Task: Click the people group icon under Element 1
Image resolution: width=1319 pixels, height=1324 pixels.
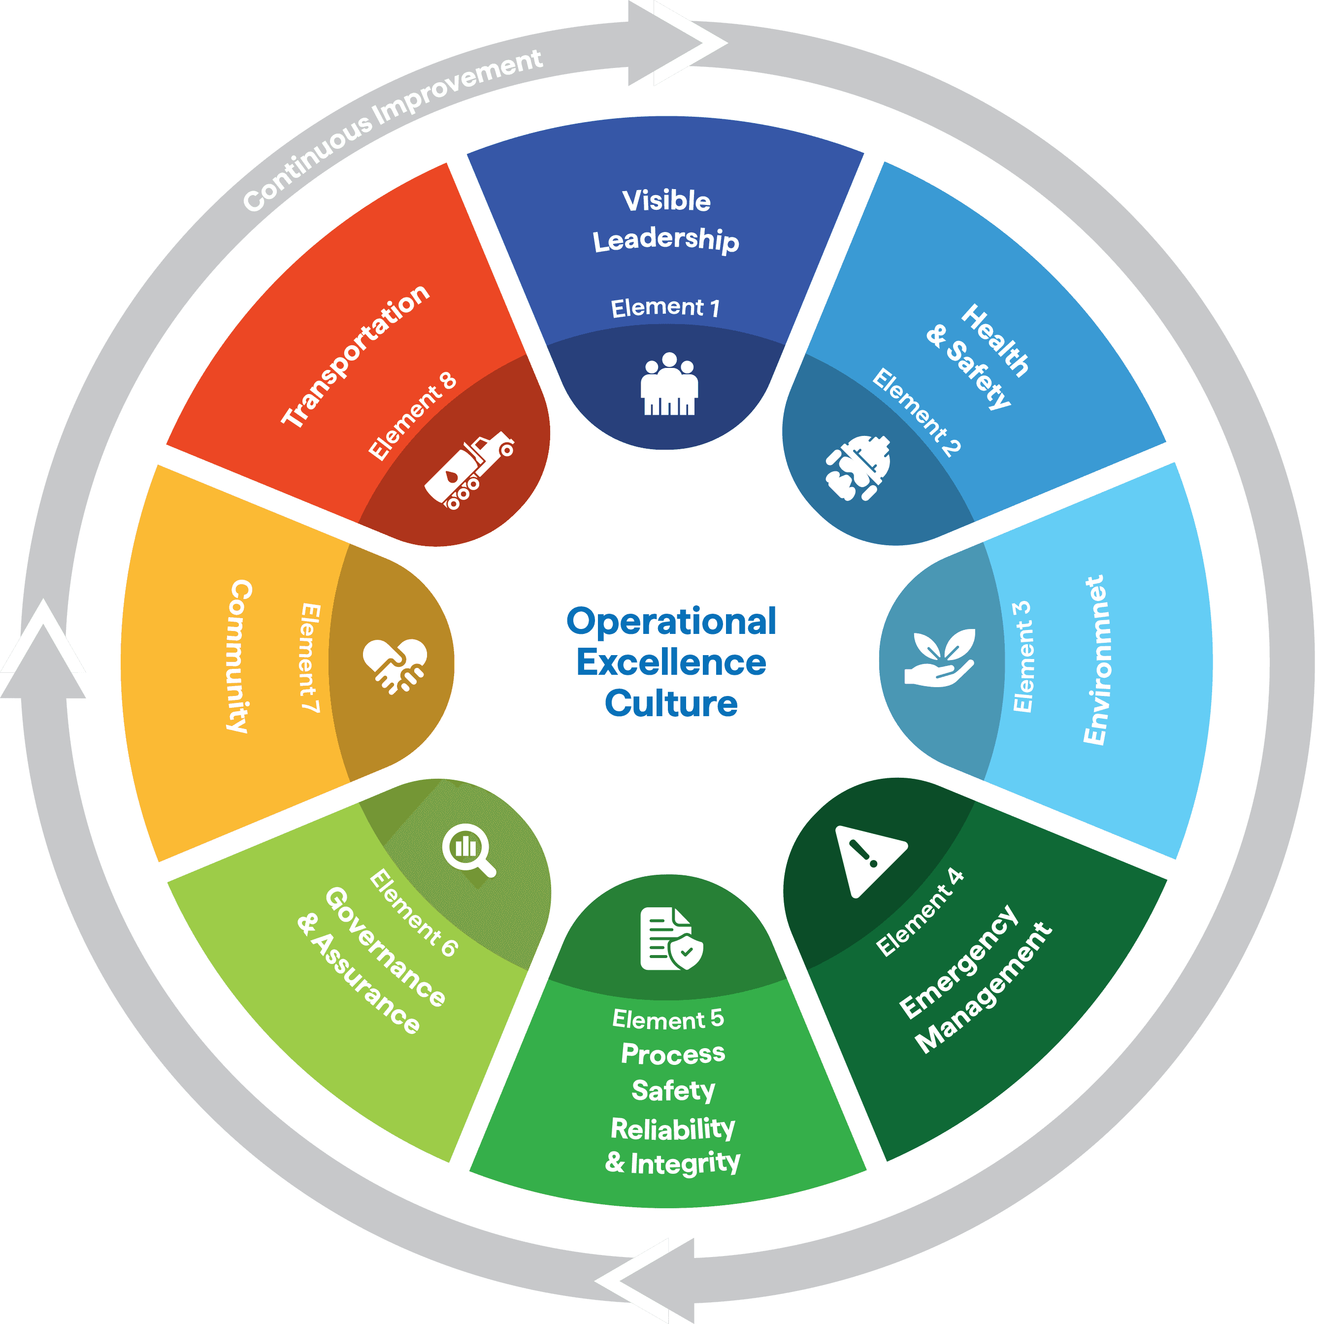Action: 669,385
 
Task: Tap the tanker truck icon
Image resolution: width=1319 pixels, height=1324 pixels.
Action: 469,471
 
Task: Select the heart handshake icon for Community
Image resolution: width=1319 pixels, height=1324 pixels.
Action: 395,665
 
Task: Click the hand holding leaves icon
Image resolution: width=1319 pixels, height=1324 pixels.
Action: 939,658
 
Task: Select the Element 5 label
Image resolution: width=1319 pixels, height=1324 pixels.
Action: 668,1019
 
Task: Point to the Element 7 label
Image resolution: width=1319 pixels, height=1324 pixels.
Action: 310,658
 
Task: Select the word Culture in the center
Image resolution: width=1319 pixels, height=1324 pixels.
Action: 671,703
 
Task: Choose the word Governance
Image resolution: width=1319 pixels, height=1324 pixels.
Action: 384,946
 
